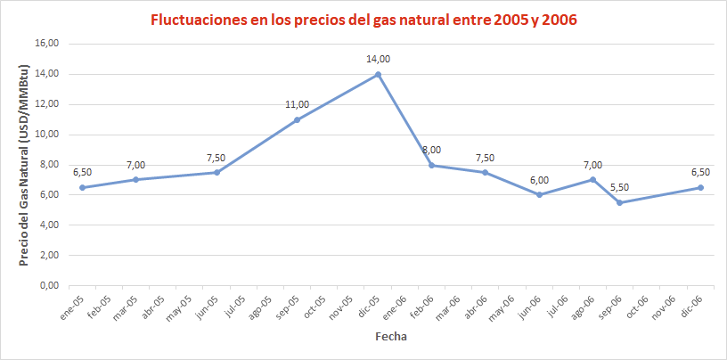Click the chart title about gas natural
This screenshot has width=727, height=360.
coord(363,19)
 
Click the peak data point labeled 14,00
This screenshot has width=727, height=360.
coord(378,74)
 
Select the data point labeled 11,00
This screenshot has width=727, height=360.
coord(297,119)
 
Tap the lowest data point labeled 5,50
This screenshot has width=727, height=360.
coord(619,202)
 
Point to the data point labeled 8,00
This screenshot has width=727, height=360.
coord(431,165)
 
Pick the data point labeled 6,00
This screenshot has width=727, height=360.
coord(540,194)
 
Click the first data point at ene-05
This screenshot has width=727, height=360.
coord(82,187)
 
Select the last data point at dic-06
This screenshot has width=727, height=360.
coord(700,187)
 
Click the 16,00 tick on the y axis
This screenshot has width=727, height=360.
coord(46,44)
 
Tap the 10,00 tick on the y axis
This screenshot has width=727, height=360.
coord(46,135)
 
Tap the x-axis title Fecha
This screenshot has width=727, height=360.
coord(391,338)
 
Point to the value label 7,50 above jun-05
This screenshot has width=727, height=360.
coord(216,158)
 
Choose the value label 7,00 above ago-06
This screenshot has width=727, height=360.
coord(592,165)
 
